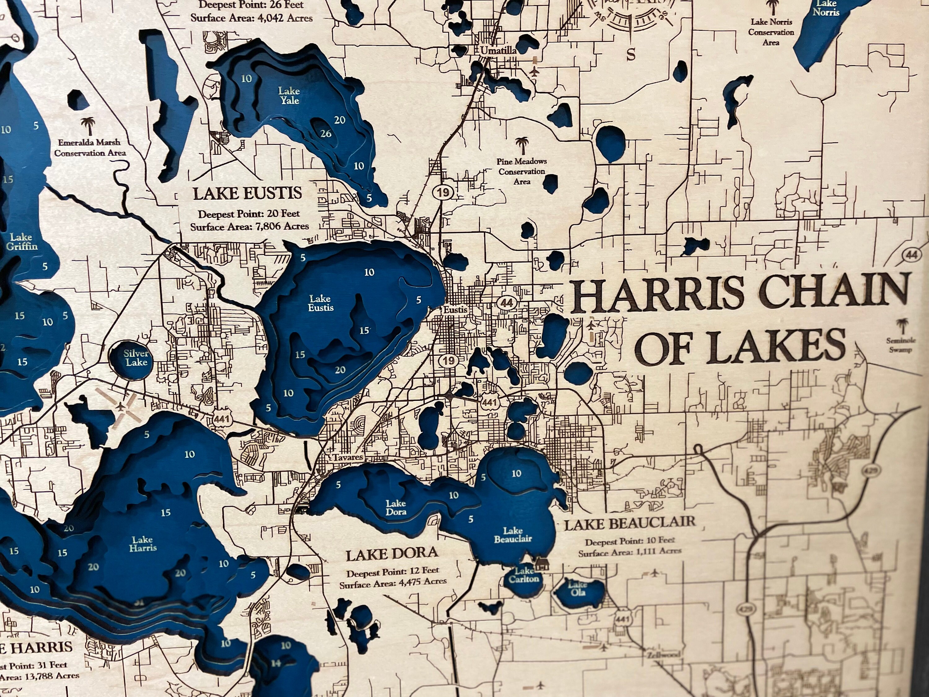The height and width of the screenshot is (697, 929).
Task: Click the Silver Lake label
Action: pyautogui.click(x=136, y=357)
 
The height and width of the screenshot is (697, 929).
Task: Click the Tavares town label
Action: pyautogui.click(x=348, y=457)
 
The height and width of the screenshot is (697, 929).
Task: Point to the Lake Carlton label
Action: pyautogui.click(x=524, y=575)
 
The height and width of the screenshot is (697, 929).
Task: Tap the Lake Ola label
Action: pyautogui.click(x=578, y=589)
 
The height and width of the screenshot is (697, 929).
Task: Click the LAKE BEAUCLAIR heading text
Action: pyautogui.click(x=629, y=524)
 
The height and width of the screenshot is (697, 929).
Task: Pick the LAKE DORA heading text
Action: pyautogui.click(x=391, y=554)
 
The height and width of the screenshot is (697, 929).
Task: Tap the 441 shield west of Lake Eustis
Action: pyautogui.click(x=221, y=419)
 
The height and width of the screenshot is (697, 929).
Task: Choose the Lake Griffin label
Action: pyautogui.click(x=21, y=242)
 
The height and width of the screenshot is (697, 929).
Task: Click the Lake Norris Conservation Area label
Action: pyautogui.click(x=771, y=32)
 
